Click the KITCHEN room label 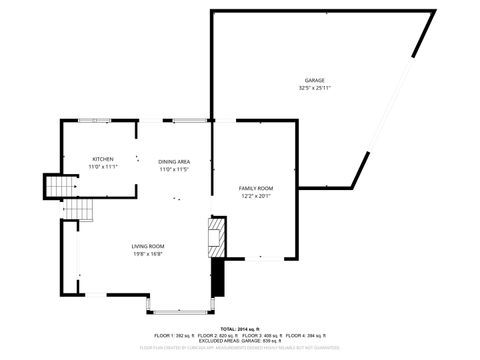point(103,159)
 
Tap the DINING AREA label point(174,161)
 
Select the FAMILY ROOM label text point(255,188)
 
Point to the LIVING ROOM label point(147,246)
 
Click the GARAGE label point(314,80)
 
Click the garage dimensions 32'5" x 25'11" point(314,88)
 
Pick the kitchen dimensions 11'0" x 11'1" point(103,167)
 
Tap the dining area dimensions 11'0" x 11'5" point(174,169)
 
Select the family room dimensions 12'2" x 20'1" point(255,196)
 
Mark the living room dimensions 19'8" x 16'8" point(147,254)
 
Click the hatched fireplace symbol point(218,236)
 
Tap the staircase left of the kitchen point(59,187)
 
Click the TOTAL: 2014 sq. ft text point(240,327)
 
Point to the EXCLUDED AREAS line point(240,341)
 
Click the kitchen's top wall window point(101,121)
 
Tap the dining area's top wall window point(187,121)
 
